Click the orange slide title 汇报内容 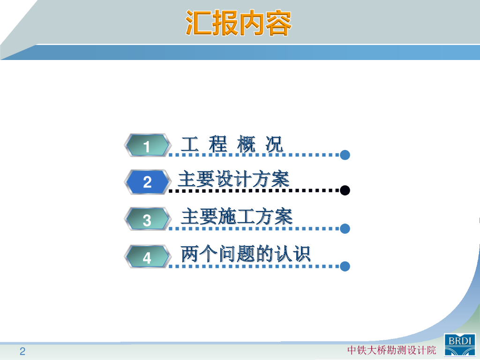[x=239, y=23]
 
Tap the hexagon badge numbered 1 [x=147, y=145]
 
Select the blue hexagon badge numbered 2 [x=147, y=182]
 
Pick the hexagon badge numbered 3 [x=147, y=219]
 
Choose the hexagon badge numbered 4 [x=147, y=257]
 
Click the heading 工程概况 [x=232, y=144]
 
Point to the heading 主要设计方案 [x=234, y=179]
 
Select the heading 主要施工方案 [x=237, y=217]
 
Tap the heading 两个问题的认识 [x=246, y=254]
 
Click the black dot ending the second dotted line [x=345, y=190]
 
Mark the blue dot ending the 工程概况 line [x=345, y=155]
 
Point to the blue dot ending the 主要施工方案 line [x=345, y=229]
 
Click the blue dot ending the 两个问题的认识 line [x=345, y=266]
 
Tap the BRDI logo [x=460, y=345]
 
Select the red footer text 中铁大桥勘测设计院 [x=391, y=350]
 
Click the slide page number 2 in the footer [x=22, y=351]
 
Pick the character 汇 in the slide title [x=198, y=23]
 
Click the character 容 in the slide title [x=278, y=23]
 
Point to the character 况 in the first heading [x=274, y=144]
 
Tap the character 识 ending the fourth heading [x=301, y=254]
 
